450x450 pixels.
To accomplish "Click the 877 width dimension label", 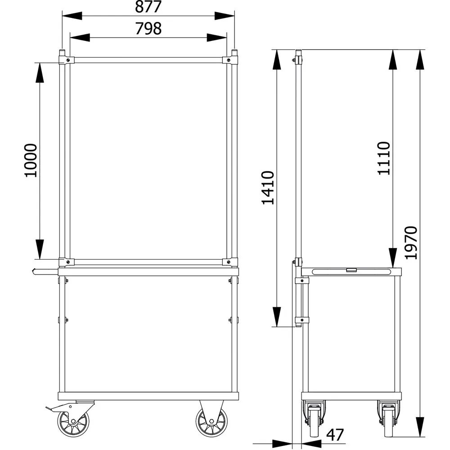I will [x=148, y=7].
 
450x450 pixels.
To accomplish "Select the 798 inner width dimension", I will [x=148, y=28].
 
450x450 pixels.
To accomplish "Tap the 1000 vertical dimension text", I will [x=31, y=160].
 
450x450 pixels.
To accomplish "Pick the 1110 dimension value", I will [x=384, y=158].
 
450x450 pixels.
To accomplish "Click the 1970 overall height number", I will [x=411, y=243].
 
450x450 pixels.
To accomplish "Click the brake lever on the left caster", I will [x=52, y=408].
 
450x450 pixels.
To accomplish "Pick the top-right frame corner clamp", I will [x=230, y=60].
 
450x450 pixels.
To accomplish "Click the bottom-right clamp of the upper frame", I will [x=230, y=262].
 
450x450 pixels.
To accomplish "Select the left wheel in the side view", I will [x=314, y=419].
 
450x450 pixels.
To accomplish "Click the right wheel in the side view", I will [x=388, y=419].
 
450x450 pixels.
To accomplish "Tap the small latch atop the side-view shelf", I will [x=351, y=270].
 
